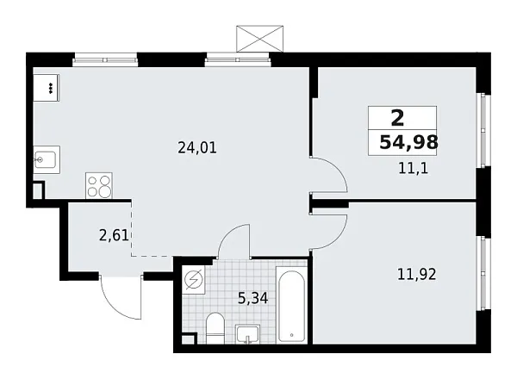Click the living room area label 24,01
[197, 147]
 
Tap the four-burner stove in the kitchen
[99, 186]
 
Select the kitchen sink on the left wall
[46, 160]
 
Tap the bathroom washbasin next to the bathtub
[249, 333]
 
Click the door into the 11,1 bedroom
[330, 177]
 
